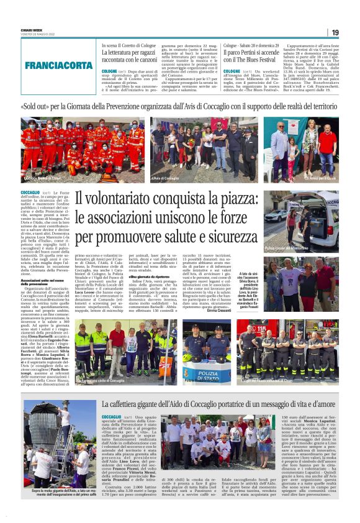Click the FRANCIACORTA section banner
coord(58,65)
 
